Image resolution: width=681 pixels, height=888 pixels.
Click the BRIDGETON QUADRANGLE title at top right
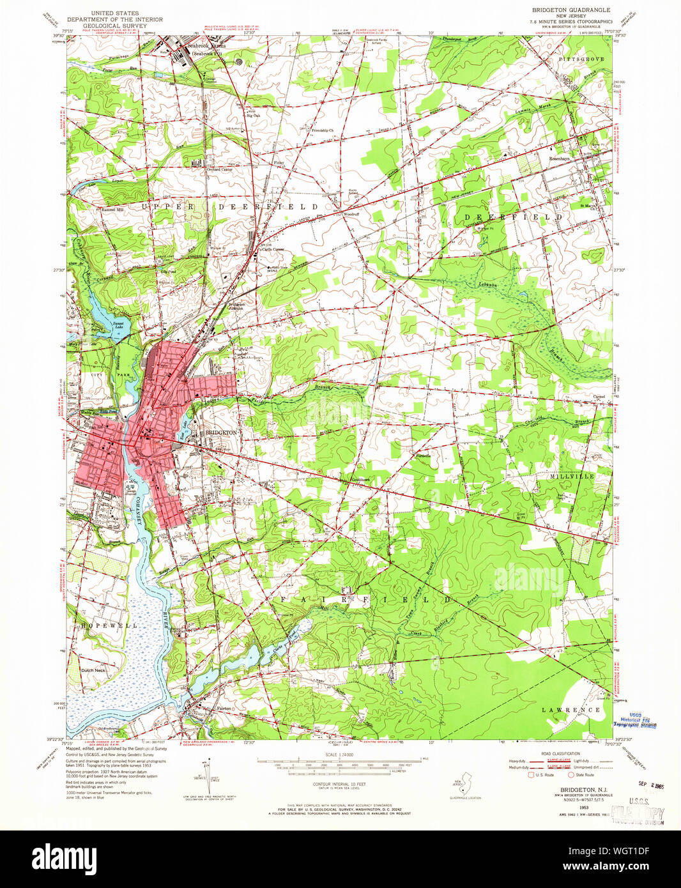click(571, 10)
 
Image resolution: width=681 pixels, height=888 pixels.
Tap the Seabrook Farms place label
click(206, 47)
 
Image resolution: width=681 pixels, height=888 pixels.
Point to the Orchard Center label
click(218, 169)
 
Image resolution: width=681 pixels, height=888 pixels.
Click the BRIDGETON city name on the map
click(221, 433)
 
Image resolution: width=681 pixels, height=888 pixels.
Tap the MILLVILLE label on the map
click(571, 477)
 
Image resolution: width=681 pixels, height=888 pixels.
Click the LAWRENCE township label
click(570, 710)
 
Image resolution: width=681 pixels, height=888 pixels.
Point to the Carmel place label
click(599, 397)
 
